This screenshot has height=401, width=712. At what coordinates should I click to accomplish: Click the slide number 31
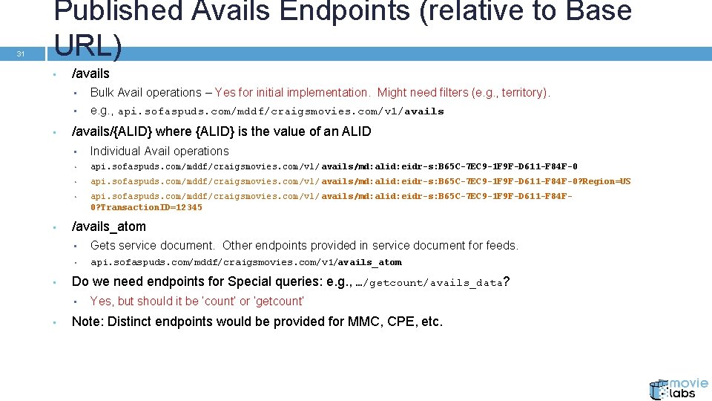(21, 53)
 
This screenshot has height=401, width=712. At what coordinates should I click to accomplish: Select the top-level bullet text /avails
(90, 74)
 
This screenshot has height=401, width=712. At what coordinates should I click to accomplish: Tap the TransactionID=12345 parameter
(146, 207)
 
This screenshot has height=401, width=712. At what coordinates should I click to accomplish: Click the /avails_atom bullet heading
(108, 226)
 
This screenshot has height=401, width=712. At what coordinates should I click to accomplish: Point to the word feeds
(503, 245)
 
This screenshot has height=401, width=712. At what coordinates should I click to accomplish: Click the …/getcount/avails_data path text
(429, 282)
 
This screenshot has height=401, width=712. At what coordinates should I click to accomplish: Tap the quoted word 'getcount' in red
(279, 301)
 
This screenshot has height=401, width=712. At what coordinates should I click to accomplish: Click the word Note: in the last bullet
(87, 322)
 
